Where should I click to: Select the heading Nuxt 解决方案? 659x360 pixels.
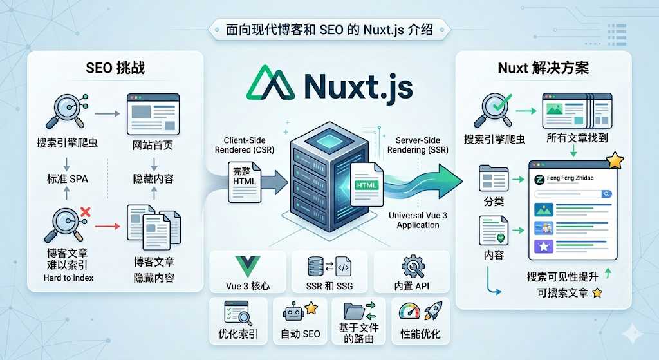pyautogui.click(x=543, y=68)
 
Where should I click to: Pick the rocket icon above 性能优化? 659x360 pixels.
pyautogui.click(x=432, y=312)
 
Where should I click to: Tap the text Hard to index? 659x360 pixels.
pyautogui.click(x=68, y=278)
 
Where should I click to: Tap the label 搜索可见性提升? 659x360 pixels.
pyautogui.click(x=562, y=276)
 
